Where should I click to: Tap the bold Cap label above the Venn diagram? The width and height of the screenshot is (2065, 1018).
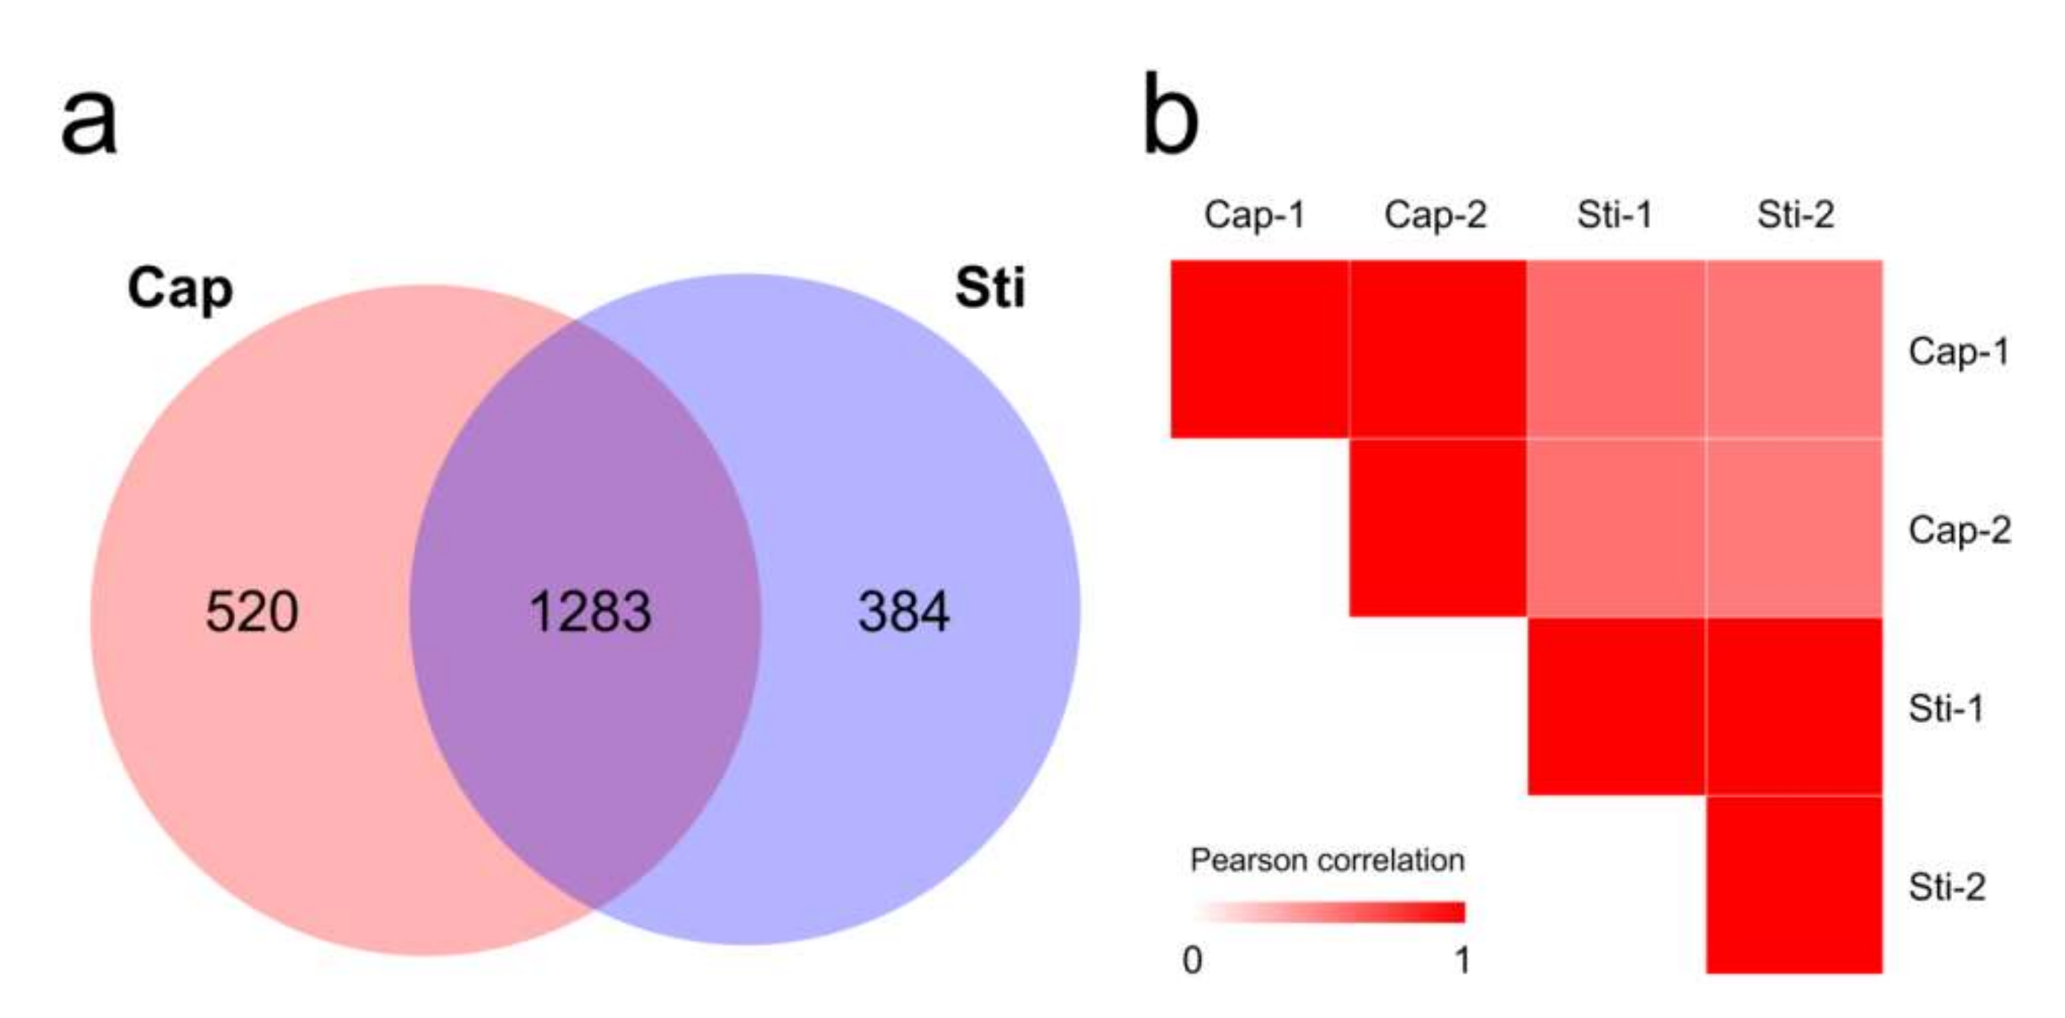click(x=181, y=288)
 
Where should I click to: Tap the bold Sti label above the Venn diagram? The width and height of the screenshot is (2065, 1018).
click(x=990, y=287)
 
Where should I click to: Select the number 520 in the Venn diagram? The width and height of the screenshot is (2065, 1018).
click(x=252, y=612)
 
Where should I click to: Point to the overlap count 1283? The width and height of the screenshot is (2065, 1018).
click(x=590, y=612)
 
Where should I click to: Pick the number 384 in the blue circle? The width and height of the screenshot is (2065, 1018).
click(x=903, y=612)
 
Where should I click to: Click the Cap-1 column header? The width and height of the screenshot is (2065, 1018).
click(x=1255, y=215)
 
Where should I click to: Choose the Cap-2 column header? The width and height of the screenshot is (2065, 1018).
click(x=1435, y=215)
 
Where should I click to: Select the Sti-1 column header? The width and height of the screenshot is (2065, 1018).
click(x=1615, y=215)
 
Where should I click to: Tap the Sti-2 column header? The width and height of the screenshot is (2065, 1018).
click(x=1795, y=215)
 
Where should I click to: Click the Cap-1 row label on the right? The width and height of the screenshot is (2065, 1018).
click(x=1959, y=351)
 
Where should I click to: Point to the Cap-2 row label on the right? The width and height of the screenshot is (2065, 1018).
click(x=1959, y=530)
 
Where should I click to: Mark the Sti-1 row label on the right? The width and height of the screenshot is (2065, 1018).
click(x=1945, y=709)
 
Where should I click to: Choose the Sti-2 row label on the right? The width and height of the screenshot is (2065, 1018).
click(x=1946, y=887)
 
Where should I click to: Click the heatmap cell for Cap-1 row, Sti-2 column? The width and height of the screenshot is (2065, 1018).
click(x=1794, y=349)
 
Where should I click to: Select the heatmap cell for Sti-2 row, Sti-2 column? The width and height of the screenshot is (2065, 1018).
click(x=1794, y=885)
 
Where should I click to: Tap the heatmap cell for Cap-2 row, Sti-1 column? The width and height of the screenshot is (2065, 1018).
click(x=1616, y=528)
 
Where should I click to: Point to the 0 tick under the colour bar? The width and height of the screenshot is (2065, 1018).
click(x=1192, y=960)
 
